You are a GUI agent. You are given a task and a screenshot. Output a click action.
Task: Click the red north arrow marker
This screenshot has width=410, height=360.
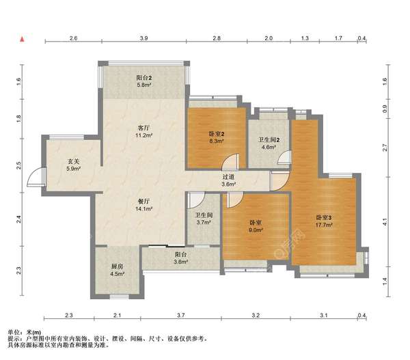point(23,40)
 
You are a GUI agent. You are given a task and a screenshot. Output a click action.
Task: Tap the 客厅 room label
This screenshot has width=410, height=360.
point(143,128)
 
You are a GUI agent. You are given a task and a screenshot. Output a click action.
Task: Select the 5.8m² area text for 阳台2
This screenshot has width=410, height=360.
point(143,85)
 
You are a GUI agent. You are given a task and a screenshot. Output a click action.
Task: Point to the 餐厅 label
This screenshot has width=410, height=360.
point(143,202)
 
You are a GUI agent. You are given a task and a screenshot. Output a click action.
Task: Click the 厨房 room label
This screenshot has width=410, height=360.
point(117,266)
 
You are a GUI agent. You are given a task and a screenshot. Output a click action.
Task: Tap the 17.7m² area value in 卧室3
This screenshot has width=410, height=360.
point(324,225)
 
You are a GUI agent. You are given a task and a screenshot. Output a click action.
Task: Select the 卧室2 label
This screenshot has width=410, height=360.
point(217,134)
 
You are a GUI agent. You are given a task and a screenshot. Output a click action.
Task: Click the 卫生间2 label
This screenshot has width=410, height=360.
point(269,140)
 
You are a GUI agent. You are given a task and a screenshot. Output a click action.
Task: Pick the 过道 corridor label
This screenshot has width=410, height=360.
point(228,177)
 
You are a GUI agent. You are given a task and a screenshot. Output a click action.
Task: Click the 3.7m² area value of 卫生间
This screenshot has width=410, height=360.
point(204,223)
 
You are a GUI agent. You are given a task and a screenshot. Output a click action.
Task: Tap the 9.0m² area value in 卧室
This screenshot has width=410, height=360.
point(256,230)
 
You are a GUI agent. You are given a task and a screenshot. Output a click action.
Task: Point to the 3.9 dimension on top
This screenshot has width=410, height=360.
point(143,38)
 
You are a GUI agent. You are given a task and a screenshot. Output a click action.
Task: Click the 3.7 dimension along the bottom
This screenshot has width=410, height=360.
point(180,316)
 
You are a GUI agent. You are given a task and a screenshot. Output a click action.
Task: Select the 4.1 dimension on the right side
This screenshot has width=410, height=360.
point(385,222)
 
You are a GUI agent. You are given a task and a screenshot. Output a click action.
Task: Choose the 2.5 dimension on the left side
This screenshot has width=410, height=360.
point(18,165)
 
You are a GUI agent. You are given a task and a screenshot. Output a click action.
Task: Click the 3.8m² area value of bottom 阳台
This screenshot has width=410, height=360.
point(180,262)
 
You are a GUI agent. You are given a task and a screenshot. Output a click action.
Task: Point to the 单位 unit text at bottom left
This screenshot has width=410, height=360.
point(14,332)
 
